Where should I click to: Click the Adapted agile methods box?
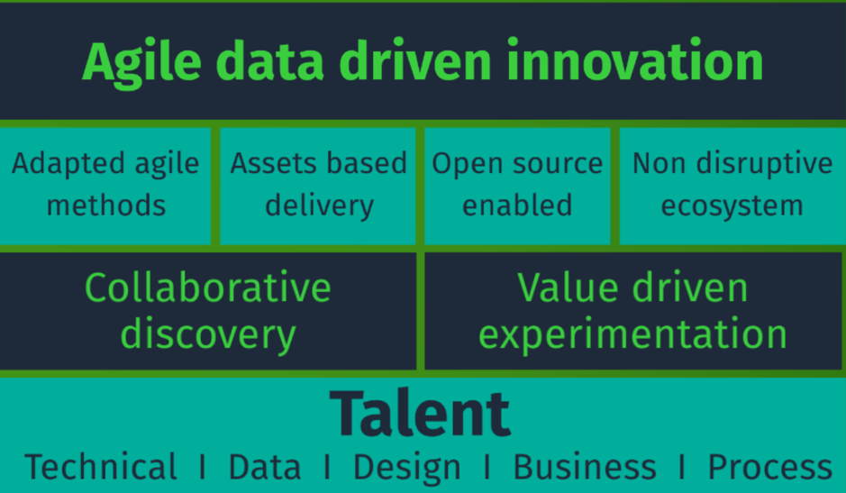[105, 186]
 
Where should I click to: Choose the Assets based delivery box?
[318, 186]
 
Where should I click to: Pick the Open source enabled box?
[517, 186]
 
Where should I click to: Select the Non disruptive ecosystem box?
[732, 186]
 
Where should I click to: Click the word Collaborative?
[208, 288]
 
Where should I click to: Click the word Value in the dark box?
[568, 288]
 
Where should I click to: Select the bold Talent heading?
[420, 414]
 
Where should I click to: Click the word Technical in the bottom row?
[101, 467]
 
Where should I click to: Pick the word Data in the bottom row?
[264, 467]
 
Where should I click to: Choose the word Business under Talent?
[585, 467]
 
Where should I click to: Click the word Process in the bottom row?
[770, 467]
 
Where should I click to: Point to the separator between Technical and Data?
[203, 467]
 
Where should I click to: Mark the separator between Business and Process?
[682, 467]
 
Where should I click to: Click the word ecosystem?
[732, 206]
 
